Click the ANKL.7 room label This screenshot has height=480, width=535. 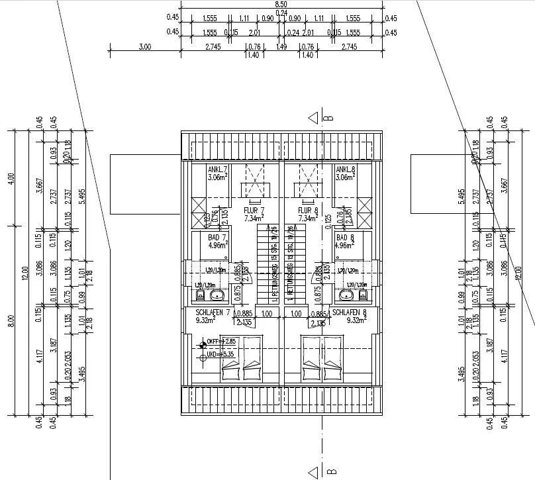point(199,169)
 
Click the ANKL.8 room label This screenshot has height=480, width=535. point(346,169)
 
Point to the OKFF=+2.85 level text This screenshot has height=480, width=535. point(220,342)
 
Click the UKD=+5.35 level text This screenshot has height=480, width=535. point(220,355)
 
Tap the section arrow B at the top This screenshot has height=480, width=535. point(314,119)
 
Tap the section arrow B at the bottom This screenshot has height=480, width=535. point(314,472)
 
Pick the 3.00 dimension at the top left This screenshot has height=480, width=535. point(146,46)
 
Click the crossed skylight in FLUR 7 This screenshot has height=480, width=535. point(254,180)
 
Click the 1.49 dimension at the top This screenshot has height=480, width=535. point(281,46)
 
